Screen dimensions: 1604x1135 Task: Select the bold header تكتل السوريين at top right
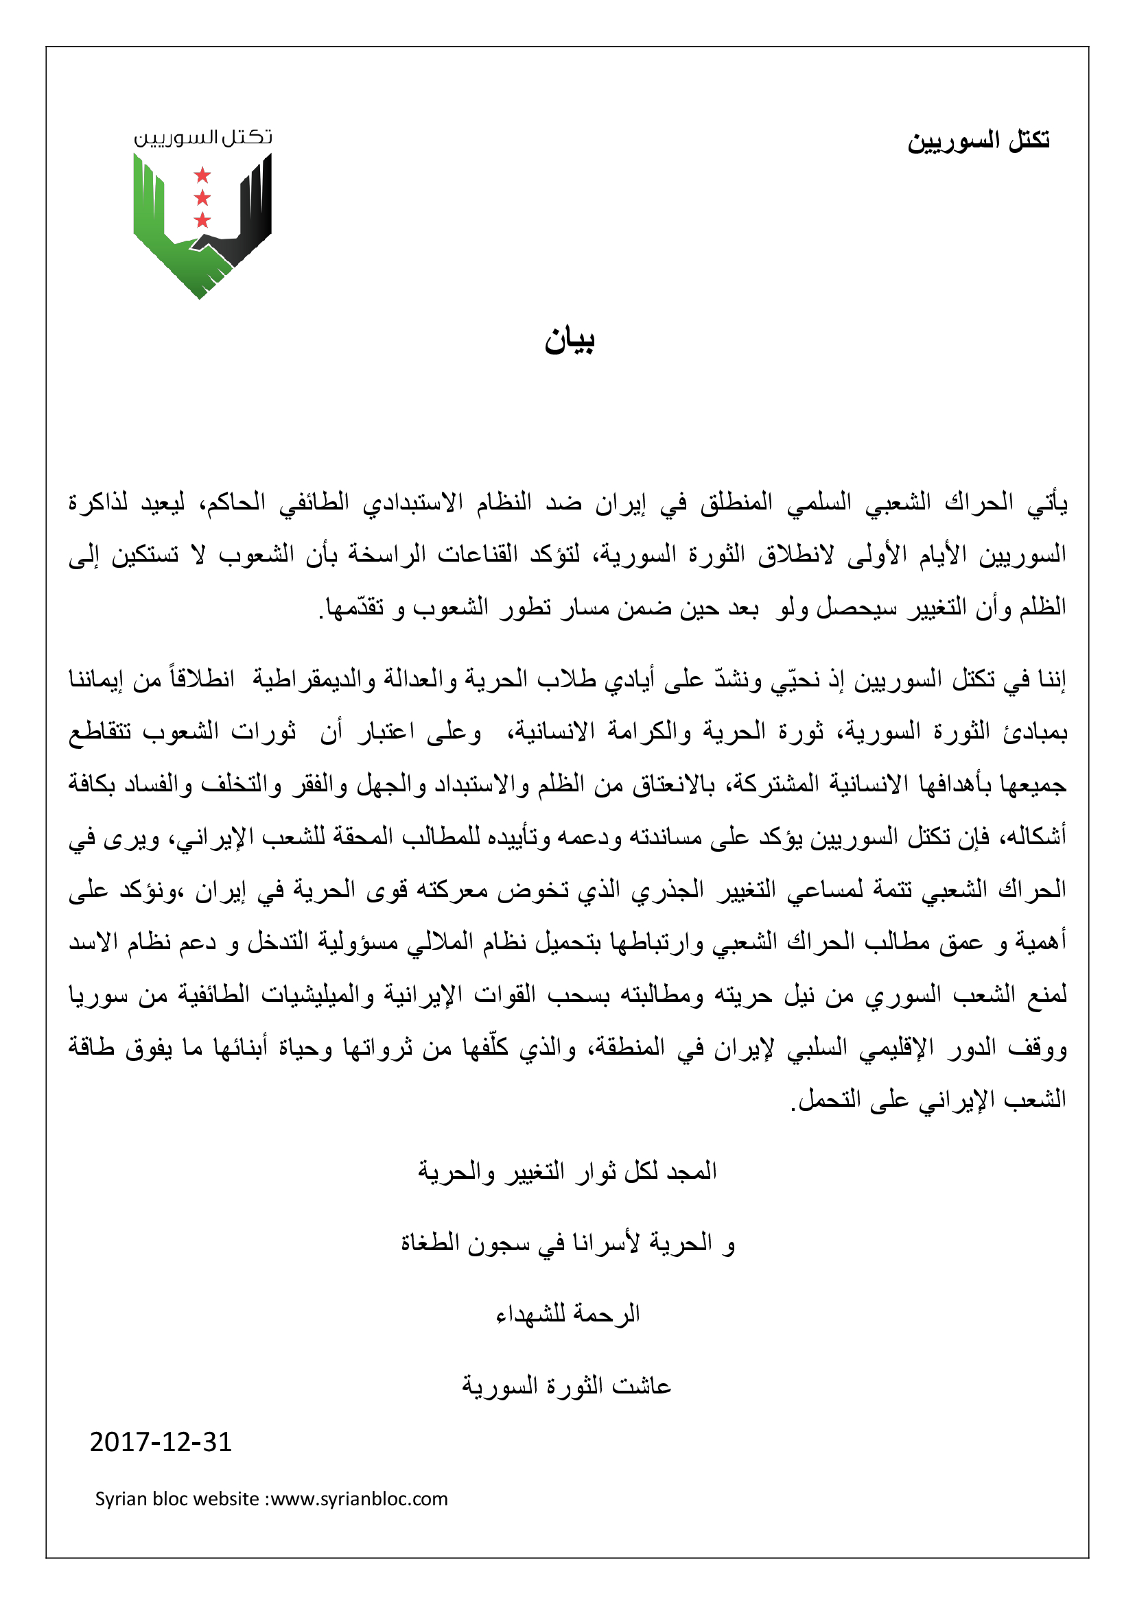(979, 141)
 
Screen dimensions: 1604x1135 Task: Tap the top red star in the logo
(202, 174)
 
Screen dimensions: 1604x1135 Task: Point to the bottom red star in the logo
(202, 220)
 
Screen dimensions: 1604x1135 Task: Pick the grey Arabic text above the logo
(202, 137)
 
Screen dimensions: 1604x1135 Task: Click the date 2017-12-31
(161, 1442)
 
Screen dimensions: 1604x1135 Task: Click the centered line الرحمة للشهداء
(567, 1314)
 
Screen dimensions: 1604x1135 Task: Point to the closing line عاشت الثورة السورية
(566, 1385)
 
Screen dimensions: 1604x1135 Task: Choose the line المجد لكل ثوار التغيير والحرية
(567, 1171)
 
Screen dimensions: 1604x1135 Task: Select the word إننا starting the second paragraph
(1048, 679)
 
